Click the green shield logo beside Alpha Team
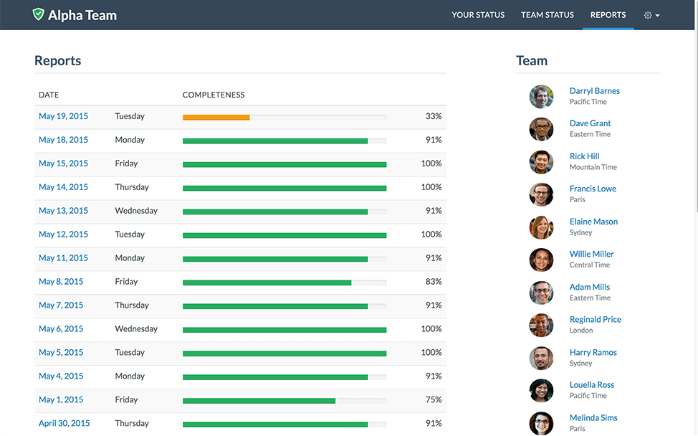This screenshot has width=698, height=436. click(39, 14)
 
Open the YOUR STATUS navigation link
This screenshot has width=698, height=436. click(478, 15)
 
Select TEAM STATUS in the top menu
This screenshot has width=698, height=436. click(548, 15)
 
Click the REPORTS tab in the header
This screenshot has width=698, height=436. click(608, 15)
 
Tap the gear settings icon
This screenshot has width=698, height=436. click(648, 15)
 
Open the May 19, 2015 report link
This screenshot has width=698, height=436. click(63, 116)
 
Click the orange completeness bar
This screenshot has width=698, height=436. click(216, 117)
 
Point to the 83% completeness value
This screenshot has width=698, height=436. click(433, 282)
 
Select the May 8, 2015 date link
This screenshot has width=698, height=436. click(61, 282)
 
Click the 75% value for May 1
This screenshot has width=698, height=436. click(433, 400)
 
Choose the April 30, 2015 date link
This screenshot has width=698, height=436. click(64, 423)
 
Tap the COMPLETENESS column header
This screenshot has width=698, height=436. click(214, 95)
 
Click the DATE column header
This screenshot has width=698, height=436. click(49, 95)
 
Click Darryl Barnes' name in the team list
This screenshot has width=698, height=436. click(594, 91)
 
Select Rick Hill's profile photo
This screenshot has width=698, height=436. click(541, 162)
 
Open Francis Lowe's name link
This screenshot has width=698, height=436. click(593, 189)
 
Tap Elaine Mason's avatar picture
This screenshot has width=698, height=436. click(541, 227)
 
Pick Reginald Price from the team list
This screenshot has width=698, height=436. click(595, 319)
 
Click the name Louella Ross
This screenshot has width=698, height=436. click(591, 385)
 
